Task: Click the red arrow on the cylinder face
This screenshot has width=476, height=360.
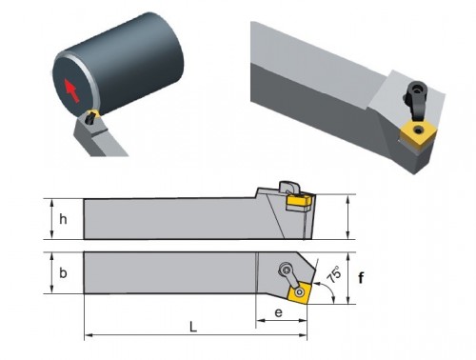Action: click(71, 90)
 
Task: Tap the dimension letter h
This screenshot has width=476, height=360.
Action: click(63, 219)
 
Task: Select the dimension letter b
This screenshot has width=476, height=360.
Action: click(63, 272)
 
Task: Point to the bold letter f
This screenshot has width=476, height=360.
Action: click(361, 278)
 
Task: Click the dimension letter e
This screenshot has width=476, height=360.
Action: click(278, 312)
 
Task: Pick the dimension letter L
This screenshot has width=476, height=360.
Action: click(193, 327)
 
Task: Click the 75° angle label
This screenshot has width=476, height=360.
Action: click(334, 275)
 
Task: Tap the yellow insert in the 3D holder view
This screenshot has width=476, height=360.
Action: click(416, 134)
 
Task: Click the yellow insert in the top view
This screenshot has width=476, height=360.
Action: click(300, 292)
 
